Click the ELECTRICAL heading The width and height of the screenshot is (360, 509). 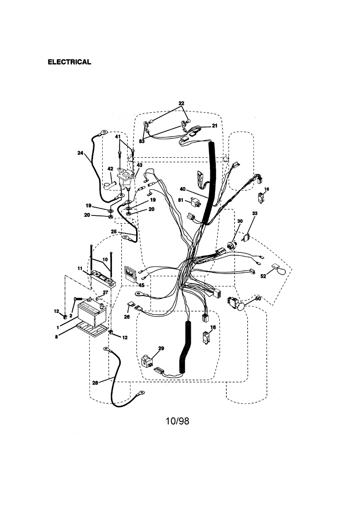69,62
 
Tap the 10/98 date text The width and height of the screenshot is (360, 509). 177,421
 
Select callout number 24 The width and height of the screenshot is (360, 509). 81,154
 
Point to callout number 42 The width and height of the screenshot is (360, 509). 110,169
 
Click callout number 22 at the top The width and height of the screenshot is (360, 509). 181,103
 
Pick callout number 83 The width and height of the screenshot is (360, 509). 142,141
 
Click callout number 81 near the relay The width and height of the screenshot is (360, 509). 181,200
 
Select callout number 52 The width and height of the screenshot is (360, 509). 263,276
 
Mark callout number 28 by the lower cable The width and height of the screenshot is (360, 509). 95,383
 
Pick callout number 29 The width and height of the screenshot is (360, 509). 161,348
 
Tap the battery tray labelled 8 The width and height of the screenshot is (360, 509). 91,330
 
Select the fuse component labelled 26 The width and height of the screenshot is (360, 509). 131,305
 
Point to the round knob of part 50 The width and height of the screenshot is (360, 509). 241,307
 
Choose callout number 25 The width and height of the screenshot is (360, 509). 114,231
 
